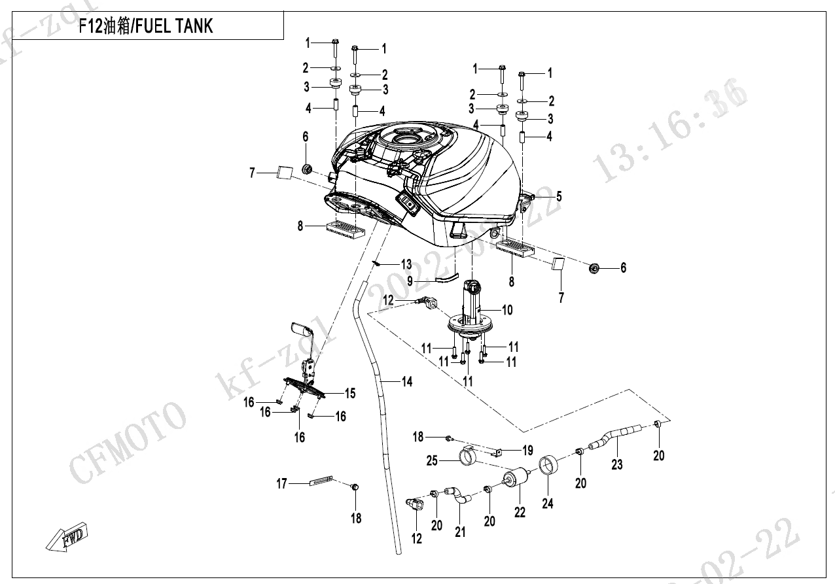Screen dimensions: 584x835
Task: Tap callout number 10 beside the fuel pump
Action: [x=507, y=310]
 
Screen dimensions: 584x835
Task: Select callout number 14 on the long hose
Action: [x=407, y=381]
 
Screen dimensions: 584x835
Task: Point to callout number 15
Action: [x=350, y=393]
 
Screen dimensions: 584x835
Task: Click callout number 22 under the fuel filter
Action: [x=520, y=513]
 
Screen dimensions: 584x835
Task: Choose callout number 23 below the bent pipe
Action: [x=617, y=464]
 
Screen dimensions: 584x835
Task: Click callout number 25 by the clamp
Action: [x=432, y=461]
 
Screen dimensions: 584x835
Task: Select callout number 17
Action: [x=282, y=484]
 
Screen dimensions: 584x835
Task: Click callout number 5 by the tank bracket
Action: [x=559, y=196]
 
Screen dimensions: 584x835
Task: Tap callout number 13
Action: [x=406, y=264]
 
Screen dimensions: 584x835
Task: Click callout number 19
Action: [x=527, y=450]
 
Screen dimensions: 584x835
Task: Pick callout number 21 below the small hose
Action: [x=461, y=532]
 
